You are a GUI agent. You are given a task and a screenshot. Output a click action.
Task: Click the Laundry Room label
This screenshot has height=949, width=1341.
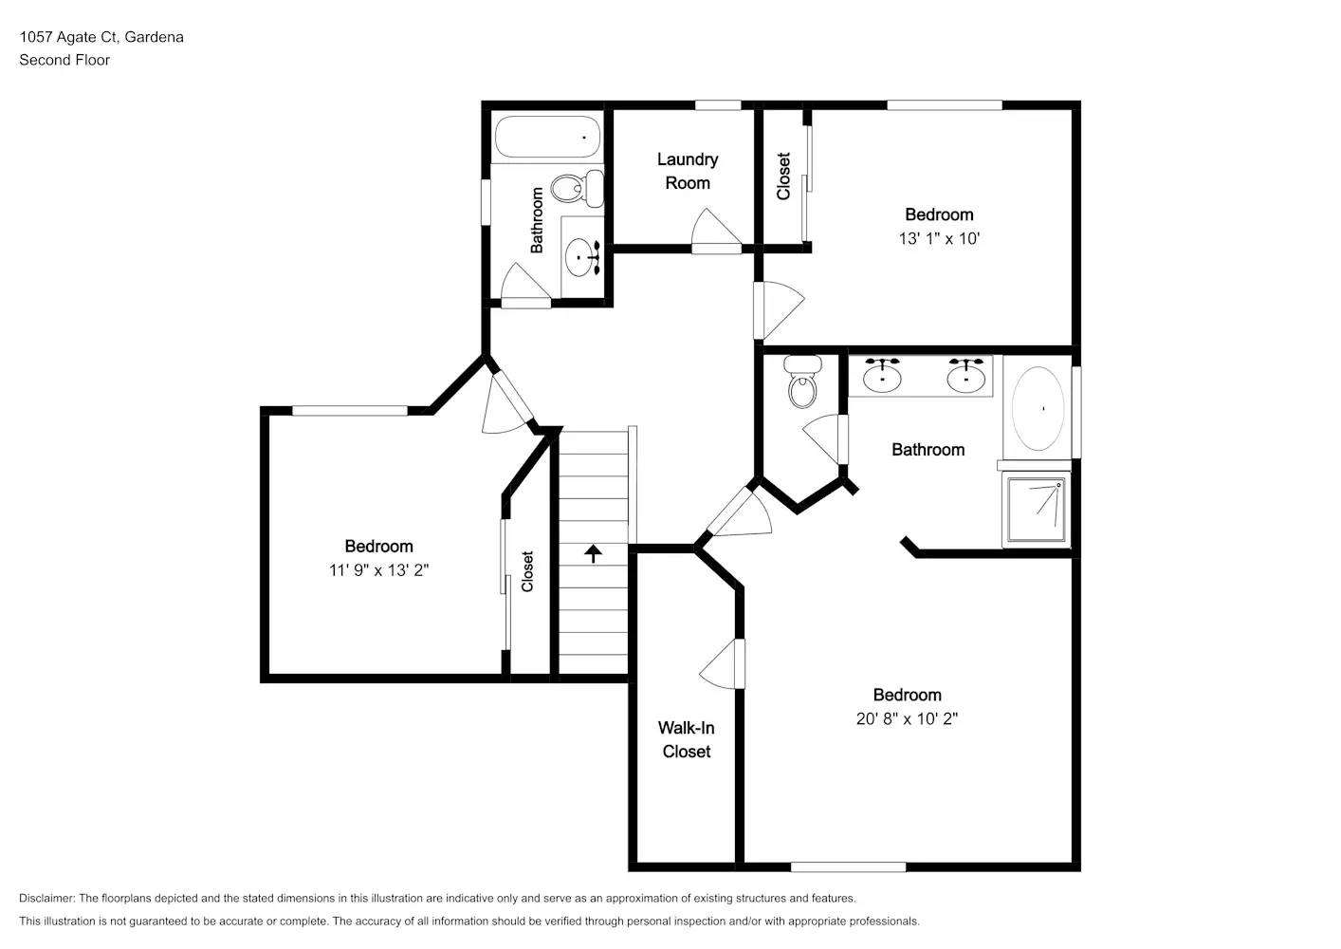[x=687, y=171]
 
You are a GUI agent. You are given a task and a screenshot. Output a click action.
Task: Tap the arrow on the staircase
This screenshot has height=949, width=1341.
[x=594, y=552]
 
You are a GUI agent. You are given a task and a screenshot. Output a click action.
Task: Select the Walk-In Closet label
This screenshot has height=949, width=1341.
[x=686, y=739]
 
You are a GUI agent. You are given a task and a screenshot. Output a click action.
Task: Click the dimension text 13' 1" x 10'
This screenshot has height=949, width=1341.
[x=938, y=238]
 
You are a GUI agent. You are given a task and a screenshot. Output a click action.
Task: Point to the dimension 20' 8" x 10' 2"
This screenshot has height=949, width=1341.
[x=907, y=718]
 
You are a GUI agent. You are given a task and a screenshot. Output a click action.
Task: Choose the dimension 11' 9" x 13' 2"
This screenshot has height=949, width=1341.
[x=378, y=569]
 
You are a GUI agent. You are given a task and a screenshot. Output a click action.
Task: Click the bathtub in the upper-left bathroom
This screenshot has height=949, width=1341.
[x=547, y=138]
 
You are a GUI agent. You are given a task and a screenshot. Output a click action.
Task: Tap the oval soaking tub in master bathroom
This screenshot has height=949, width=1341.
[x=1038, y=409]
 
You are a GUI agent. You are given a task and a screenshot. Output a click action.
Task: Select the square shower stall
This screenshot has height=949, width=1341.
[x=1037, y=510]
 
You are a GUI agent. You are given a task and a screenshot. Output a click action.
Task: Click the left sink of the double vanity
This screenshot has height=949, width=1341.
[x=882, y=376]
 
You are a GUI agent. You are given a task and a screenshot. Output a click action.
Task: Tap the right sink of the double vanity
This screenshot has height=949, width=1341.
[x=965, y=376]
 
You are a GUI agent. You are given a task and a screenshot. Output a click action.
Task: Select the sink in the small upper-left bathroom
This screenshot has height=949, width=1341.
[x=580, y=255]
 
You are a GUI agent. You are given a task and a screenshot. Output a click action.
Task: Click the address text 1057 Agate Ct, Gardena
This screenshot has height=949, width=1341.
[x=101, y=37]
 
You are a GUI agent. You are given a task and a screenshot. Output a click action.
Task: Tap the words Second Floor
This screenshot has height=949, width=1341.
[x=64, y=60]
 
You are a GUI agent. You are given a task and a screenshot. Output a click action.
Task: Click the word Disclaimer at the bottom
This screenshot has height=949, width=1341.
[x=46, y=898]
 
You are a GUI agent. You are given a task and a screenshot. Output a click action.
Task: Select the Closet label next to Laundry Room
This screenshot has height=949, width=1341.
[x=783, y=177]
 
